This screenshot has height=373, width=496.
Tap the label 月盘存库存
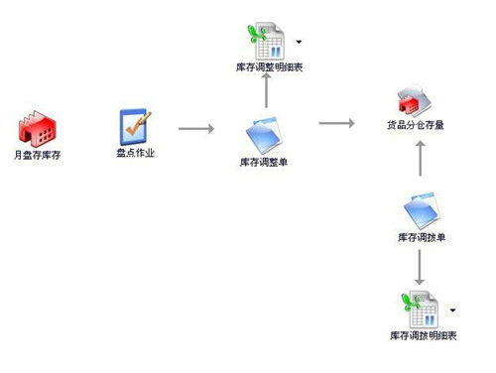click(x=37, y=156)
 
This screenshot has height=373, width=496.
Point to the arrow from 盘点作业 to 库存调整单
click(x=195, y=129)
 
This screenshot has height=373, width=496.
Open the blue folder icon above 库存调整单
click(x=265, y=134)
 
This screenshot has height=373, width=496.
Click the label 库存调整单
click(x=265, y=161)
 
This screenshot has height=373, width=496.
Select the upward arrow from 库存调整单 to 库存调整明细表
click(x=265, y=92)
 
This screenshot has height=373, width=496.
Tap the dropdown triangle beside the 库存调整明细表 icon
click(x=299, y=43)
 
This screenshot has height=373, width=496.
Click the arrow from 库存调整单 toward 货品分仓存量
click(x=336, y=124)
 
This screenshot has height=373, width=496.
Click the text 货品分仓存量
click(x=415, y=127)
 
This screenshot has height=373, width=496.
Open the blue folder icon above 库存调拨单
click(x=420, y=210)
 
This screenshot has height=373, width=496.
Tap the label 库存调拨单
click(x=420, y=238)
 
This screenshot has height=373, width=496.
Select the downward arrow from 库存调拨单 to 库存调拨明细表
click(x=420, y=267)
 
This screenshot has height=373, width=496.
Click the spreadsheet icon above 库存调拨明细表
click(x=420, y=309)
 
